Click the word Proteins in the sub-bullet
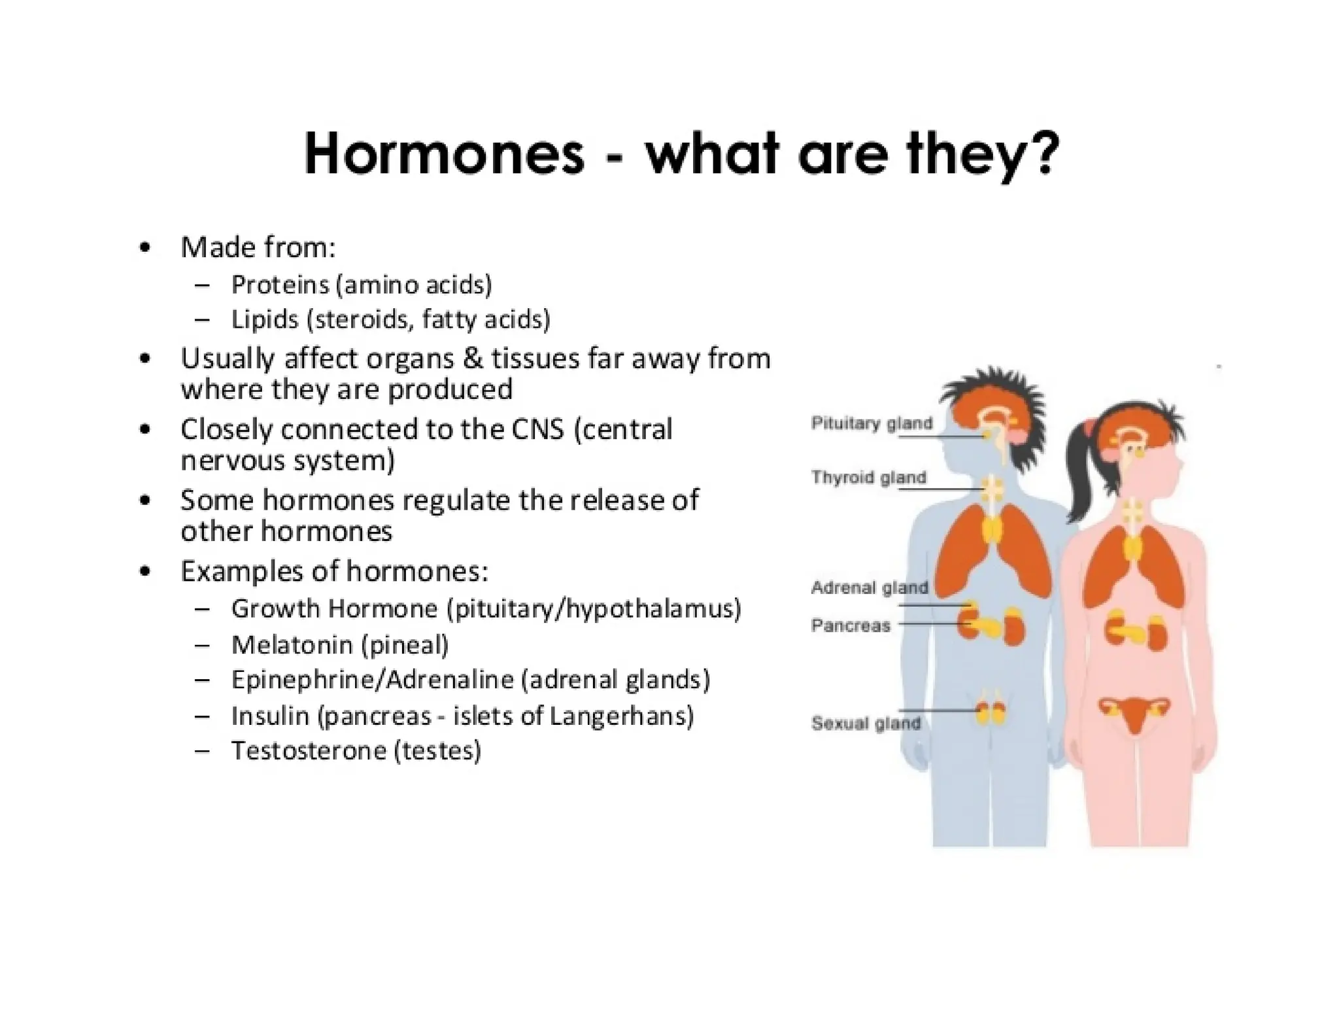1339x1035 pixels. tap(280, 285)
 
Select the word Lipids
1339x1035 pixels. tap(265, 319)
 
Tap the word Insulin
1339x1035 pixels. tap(269, 716)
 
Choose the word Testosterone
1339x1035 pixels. tap(307, 750)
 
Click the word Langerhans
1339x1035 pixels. tap(621, 716)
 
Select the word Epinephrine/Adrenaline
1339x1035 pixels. tap(373, 680)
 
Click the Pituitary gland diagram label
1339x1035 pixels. tap(872, 423)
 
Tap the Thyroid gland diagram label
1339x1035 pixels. tap(868, 477)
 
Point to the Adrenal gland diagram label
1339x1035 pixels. tap(869, 588)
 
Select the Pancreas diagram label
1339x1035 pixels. tap(851, 625)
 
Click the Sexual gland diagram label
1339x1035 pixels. tap(866, 723)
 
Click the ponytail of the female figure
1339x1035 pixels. tap(1078, 471)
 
